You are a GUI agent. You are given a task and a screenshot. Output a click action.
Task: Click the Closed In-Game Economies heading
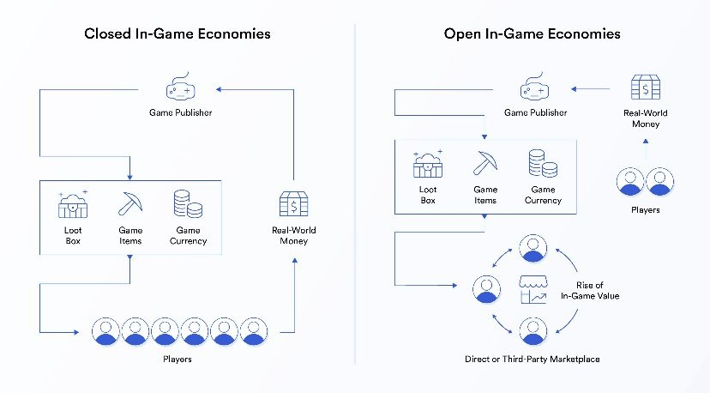click(x=177, y=34)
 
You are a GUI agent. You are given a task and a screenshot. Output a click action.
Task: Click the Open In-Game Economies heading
click(x=532, y=34)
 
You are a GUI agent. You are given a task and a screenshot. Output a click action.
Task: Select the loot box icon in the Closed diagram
click(x=74, y=204)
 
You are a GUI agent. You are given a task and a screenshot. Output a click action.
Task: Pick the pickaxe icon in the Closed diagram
click(x=130, y=203)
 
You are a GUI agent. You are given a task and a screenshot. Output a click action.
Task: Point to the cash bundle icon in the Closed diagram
click(x=294, y=204)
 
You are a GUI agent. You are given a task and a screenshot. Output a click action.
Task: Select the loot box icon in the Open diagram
click(x=428, y=163)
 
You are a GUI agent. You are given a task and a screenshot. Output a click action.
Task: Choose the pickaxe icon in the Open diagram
click(x=485, y=162)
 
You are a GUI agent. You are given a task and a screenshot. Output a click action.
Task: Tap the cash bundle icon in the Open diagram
click(x=644, y=88)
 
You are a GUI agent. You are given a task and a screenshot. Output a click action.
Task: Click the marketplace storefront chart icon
click(x=533, y=289)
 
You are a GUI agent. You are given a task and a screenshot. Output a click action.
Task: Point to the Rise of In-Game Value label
click(x=589, y=290)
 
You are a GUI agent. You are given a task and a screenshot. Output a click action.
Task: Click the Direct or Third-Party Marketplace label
click(x=526, y=359)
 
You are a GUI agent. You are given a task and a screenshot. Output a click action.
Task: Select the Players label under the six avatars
click(x=177, y=359)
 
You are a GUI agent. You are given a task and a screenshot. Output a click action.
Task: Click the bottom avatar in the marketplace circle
click(x=533, y=330)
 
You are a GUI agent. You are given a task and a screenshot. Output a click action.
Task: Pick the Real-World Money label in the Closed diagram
click(x=294, y=235)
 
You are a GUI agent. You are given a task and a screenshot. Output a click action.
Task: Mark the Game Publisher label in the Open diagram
click(x=535, y=112)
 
